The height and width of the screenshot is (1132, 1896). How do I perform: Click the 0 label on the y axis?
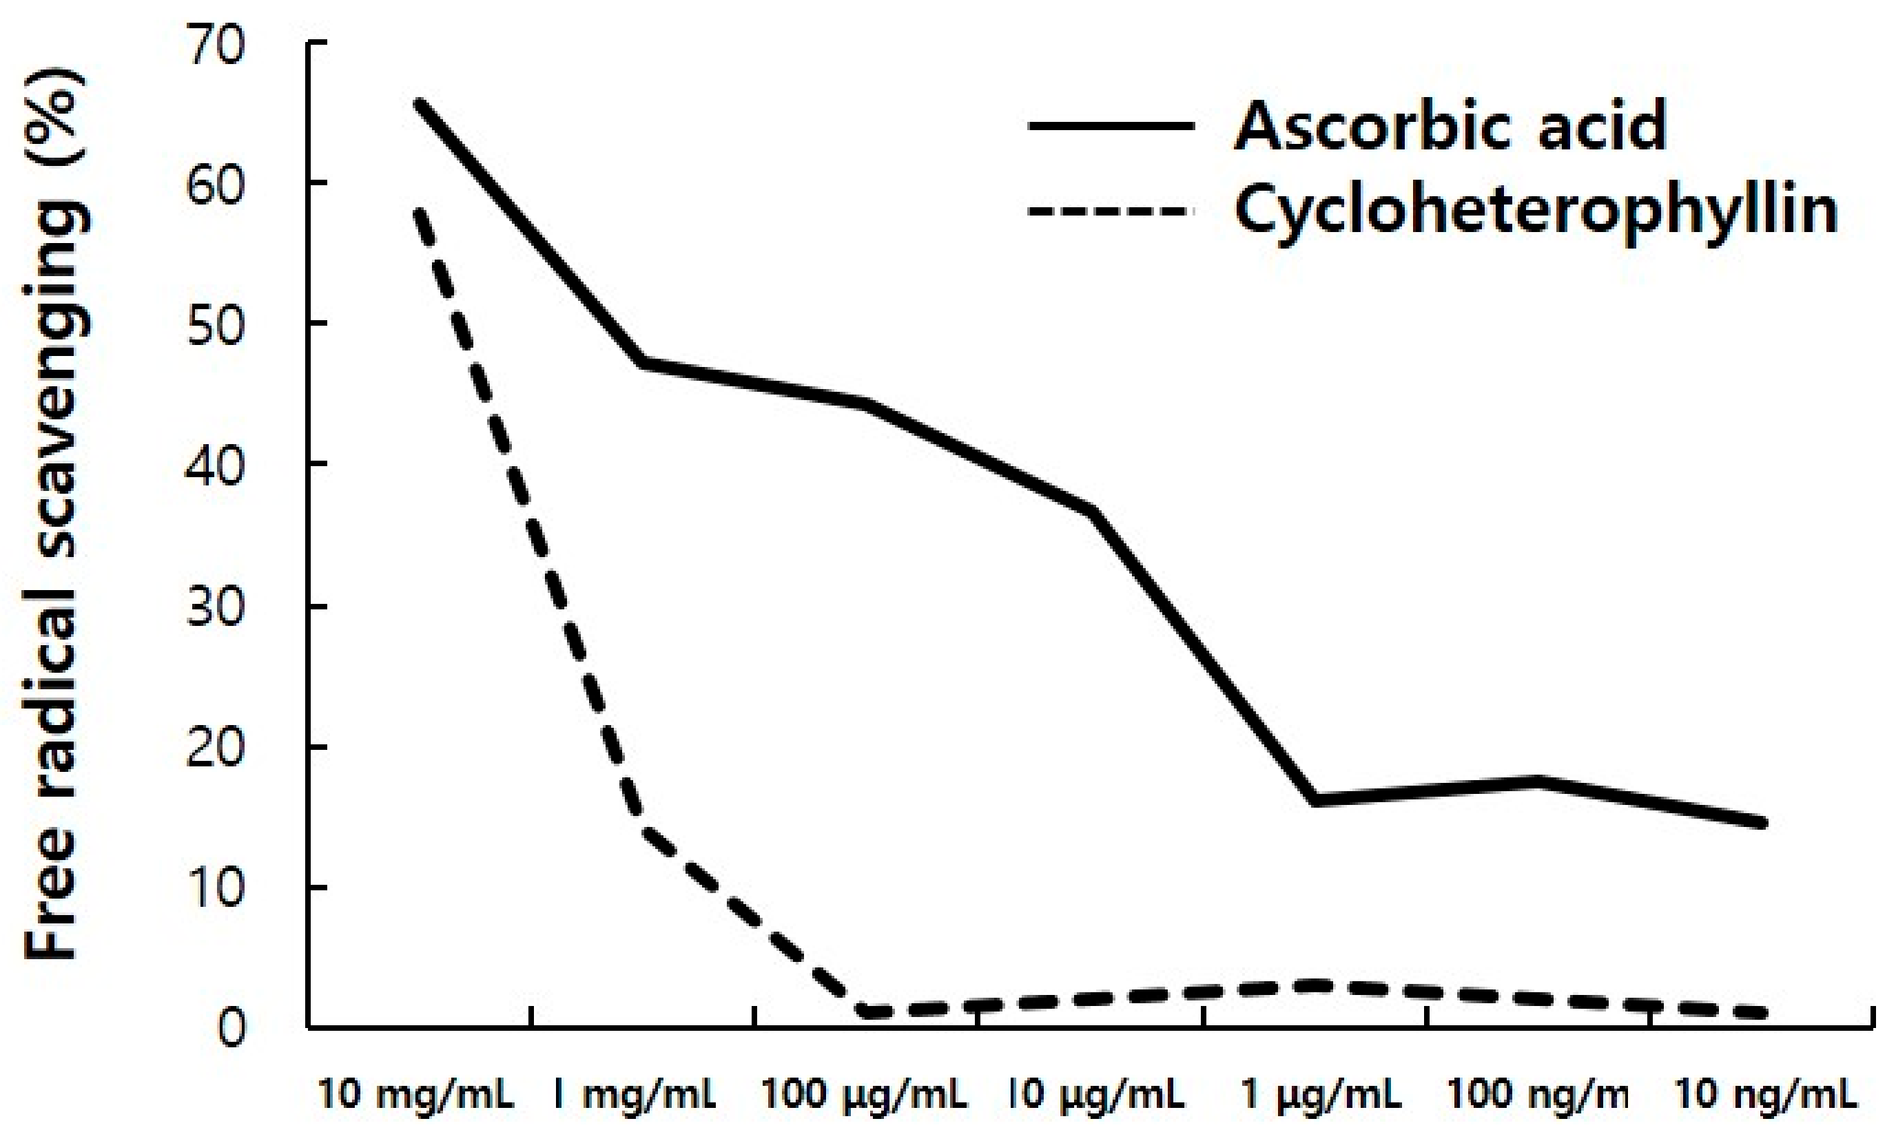232,1029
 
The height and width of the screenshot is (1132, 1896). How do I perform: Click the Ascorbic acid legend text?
1450,127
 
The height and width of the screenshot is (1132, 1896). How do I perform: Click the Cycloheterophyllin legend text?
1535,211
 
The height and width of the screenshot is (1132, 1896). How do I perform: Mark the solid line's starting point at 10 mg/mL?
419,103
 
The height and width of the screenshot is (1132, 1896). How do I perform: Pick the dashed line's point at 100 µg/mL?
865,1012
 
